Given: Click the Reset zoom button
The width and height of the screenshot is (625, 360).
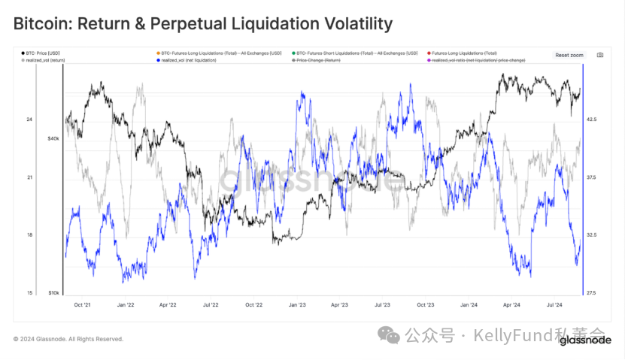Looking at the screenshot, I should click(x=569, y=55).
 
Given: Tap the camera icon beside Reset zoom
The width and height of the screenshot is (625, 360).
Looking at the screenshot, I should click(x=599, y=55).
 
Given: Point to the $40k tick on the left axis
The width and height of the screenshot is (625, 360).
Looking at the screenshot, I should click(x=53, y=138).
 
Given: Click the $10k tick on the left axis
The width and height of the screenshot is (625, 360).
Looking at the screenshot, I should click(x=53, y=292).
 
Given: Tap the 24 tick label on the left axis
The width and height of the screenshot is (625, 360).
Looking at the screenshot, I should click(x=29, y=119).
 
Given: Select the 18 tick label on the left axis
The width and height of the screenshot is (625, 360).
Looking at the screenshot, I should click(x=29, y=235).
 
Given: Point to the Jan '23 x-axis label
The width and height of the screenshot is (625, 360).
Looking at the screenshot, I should click(x=296, y=305).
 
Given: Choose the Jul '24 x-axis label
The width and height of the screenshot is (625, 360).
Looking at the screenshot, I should click(x=554, y=305).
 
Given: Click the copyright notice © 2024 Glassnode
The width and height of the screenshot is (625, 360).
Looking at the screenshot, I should click(x=68, y=339).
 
